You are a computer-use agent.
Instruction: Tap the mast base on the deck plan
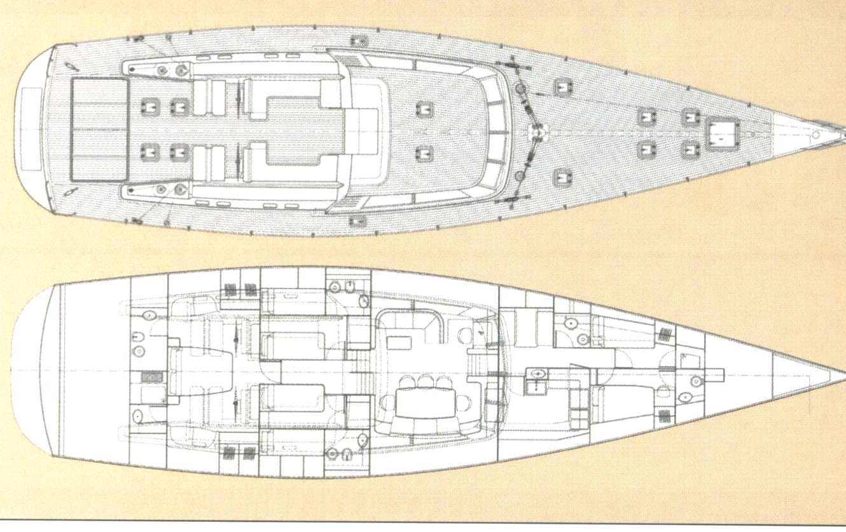[539, 132]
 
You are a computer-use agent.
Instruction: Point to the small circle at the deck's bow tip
[815, 135]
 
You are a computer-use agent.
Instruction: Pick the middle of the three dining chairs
[424, 381]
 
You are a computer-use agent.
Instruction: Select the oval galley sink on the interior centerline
[539, 373]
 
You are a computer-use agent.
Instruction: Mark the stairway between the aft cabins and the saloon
[361, 372]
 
